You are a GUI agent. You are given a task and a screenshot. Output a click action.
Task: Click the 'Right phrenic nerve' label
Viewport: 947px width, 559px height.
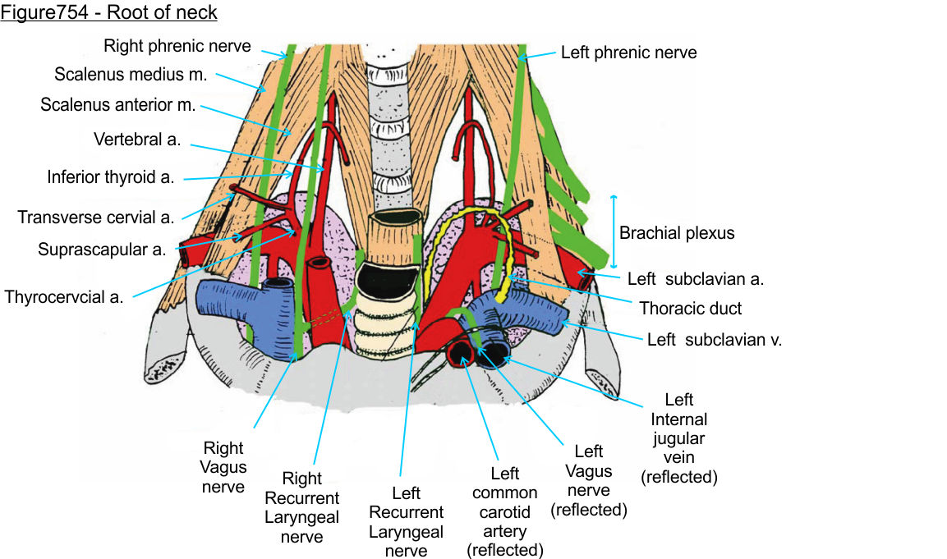(x=177, y=46)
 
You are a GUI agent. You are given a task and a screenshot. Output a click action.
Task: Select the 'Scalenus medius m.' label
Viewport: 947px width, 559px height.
(x=131, y=74)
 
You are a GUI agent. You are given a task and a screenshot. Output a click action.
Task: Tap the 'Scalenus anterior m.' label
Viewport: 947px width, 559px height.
(x=117, y=105)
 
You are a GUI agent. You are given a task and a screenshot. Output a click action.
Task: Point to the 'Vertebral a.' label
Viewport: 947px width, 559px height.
(x=137, y=139)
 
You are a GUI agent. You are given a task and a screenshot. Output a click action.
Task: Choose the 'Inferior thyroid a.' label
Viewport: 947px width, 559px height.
(x=110, y=176)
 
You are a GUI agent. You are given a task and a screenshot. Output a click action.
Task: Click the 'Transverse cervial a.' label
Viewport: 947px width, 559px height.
(x=96, y=218)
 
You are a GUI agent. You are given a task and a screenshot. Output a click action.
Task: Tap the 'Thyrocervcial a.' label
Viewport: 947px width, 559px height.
(x=64, y=296)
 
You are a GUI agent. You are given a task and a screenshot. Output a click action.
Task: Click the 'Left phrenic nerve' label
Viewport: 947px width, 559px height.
(x=628, y=53)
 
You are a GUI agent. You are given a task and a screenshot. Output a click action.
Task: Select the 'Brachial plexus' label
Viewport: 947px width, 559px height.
(x=677, y=233)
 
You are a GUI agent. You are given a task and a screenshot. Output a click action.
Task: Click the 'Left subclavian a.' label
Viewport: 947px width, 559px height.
(x=696, y=278)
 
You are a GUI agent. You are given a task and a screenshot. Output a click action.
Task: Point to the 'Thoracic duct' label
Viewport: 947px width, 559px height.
(x=690, y=308)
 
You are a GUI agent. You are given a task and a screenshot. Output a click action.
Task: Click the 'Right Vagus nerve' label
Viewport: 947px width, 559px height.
(x=223, y=467)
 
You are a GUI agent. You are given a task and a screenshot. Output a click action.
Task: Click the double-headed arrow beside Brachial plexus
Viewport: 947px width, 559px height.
(x=613, y=232)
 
